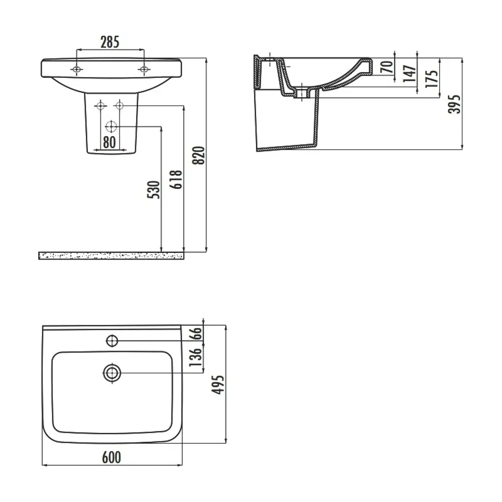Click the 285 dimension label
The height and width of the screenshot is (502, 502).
tap(110, 42)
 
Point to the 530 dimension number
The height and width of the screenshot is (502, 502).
tap(153, 190)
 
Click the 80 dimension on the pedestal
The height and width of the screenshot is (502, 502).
tap(109, 142)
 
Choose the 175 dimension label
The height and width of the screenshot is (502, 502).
tap(432, 78)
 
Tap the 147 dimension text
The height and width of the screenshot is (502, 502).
tap(409, 74)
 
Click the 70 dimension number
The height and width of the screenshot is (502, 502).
tap(387, 67)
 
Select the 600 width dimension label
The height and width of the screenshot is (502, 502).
tap(111, 457)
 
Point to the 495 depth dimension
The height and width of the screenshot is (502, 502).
tap(218, 385)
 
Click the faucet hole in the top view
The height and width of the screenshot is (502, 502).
tap(112, 341)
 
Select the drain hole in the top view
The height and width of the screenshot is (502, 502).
tap(112, 373)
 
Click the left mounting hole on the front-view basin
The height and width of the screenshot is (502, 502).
tap(76, 69)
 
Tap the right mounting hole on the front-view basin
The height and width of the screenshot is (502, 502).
tap(144, 69)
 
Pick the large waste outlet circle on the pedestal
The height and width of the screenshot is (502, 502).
tap(111, 127)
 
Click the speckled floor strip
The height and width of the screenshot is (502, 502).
tap(111, 256)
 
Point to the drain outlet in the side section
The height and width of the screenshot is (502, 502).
tap(302, 93)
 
